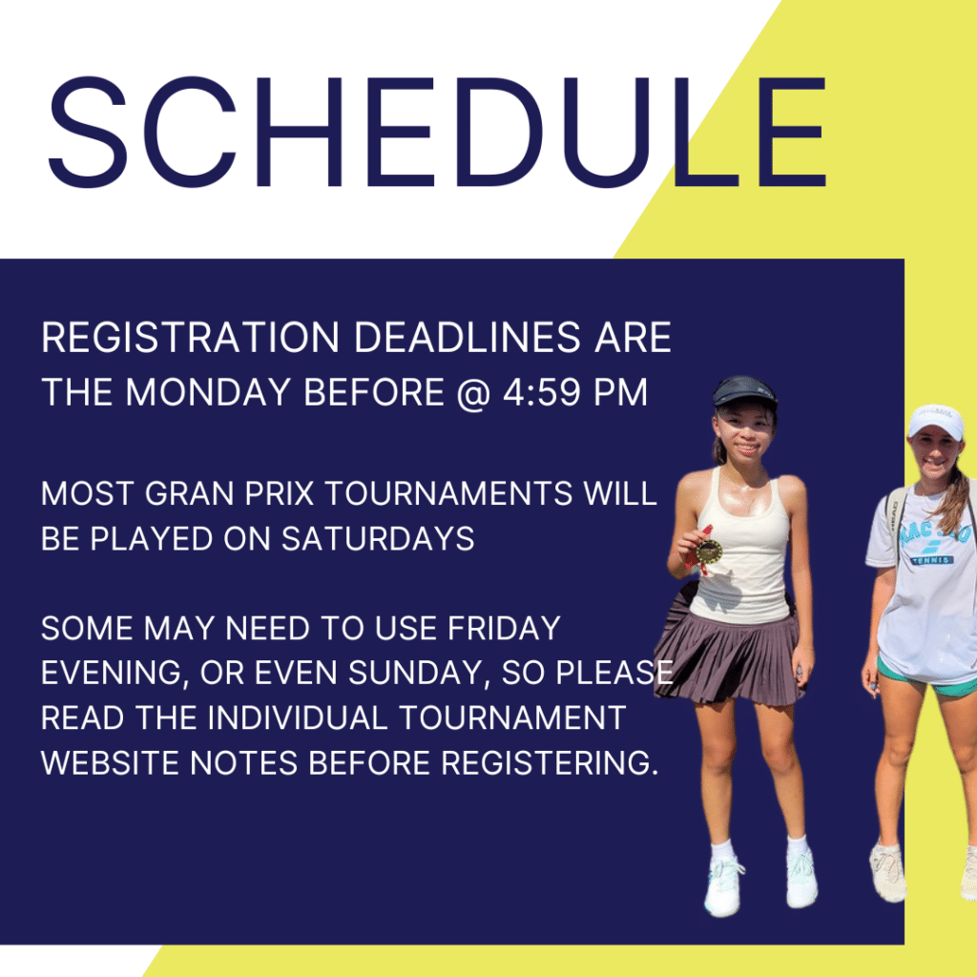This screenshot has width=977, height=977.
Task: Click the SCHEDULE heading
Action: tap(437, 132)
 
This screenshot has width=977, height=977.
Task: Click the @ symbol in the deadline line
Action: tap(473, 392)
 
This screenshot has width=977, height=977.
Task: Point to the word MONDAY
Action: tap(208, 392)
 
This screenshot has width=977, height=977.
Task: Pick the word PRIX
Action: tap(280, 493)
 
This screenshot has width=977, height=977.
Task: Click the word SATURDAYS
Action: tap(378, 538)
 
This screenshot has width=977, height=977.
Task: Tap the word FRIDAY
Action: tap(504, 628)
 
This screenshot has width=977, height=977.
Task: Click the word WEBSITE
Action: tap(111, 762)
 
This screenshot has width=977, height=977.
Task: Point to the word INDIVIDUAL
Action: tap(298, 717)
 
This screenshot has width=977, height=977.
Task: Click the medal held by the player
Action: tap(709, 551)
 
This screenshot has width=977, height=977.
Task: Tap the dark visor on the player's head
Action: tap(744, 392)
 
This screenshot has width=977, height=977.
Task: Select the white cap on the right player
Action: tap(937, 421)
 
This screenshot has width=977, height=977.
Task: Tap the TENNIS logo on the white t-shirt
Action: tap(932, 560)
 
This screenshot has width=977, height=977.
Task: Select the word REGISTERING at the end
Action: tap(550, 762)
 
